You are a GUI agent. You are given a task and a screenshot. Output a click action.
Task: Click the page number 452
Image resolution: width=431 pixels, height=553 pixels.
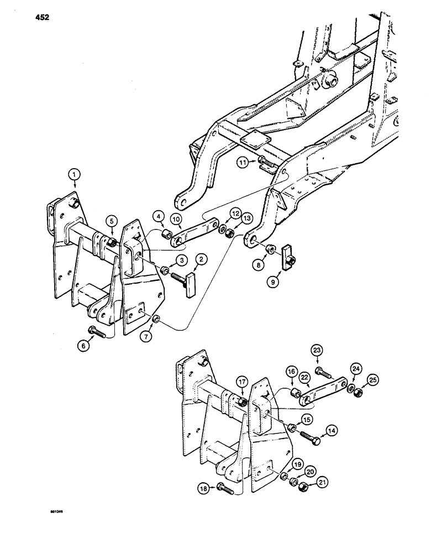41,18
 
